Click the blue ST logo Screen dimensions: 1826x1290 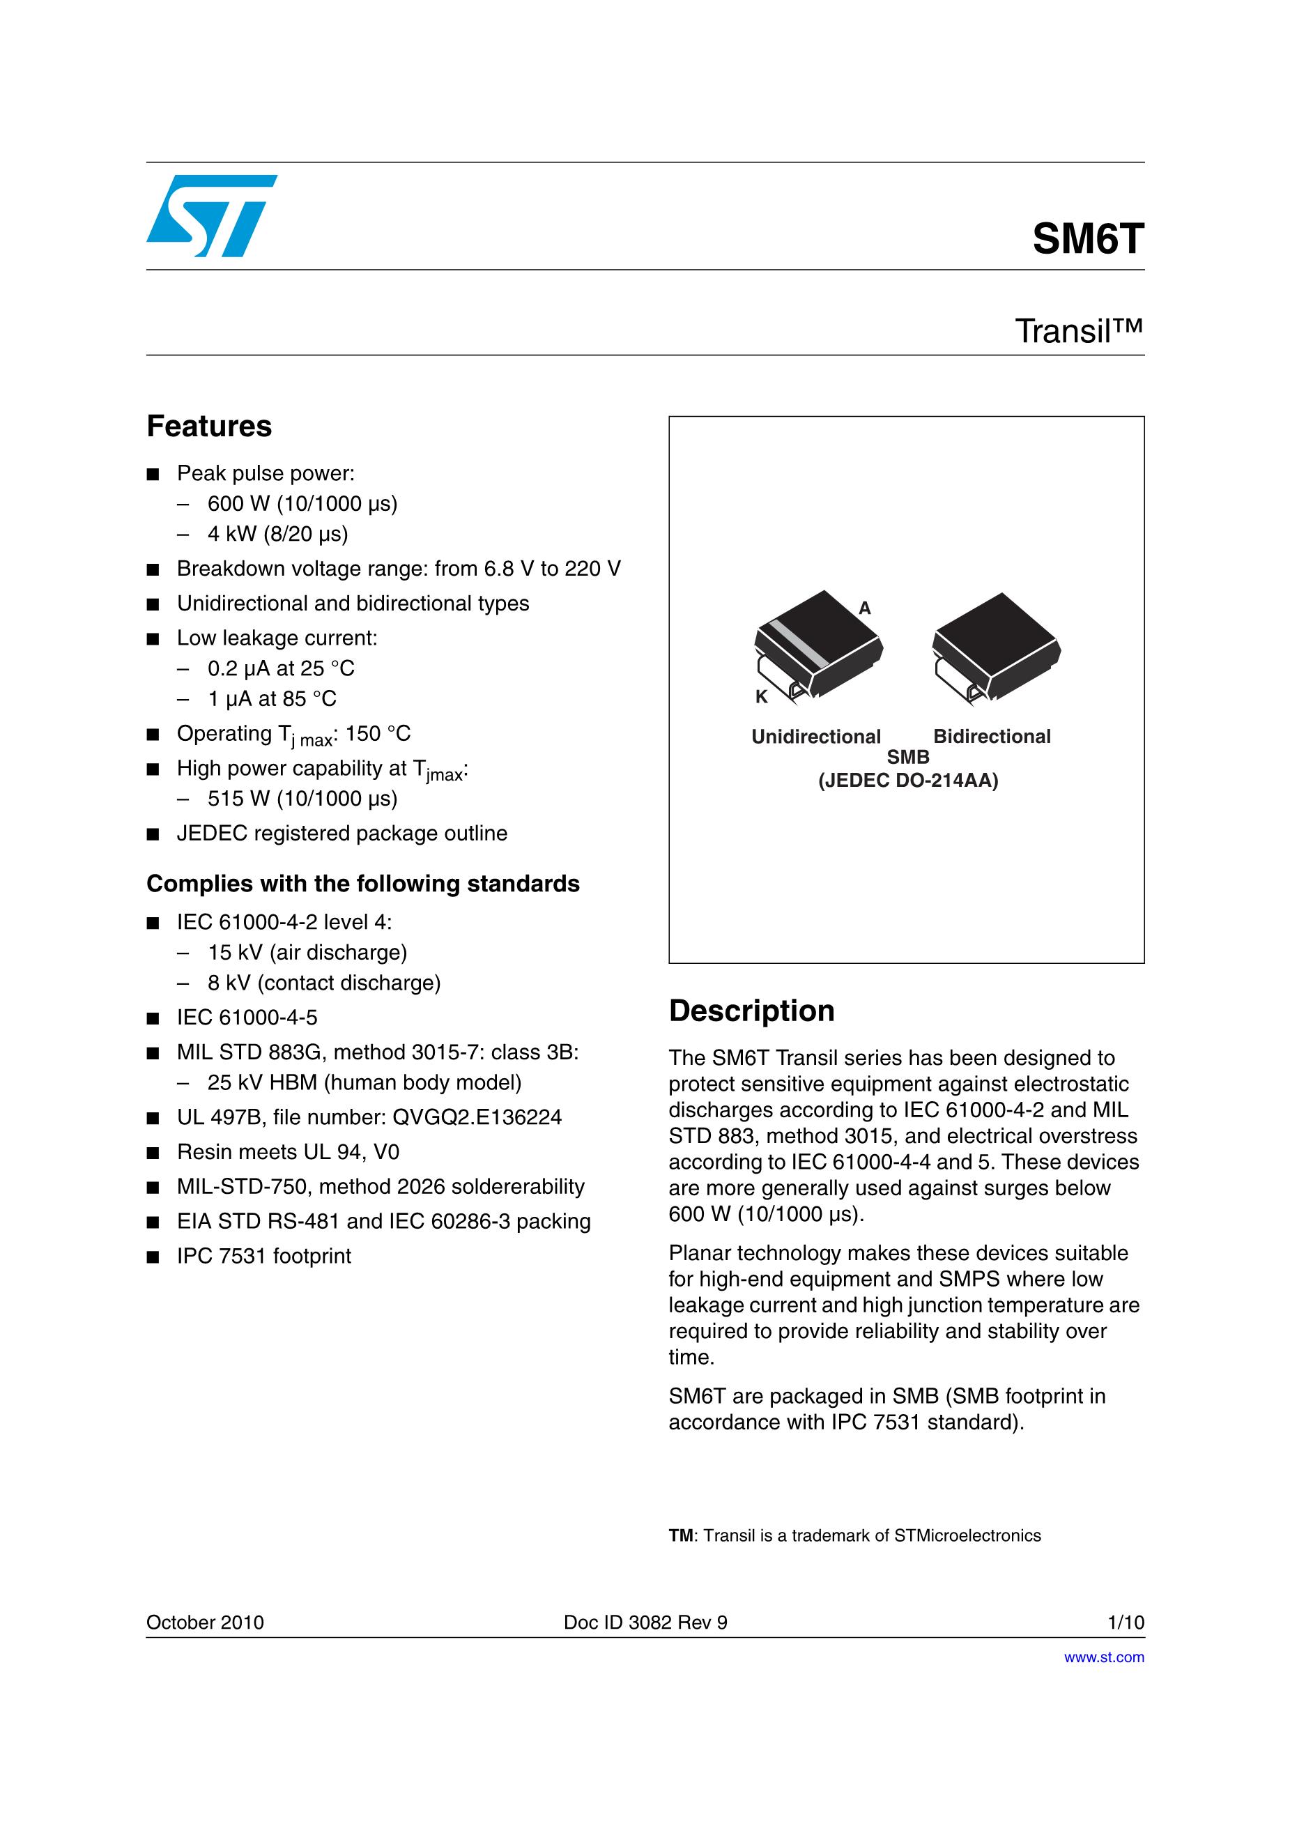point(212,215)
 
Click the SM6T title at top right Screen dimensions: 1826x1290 point(1087,238)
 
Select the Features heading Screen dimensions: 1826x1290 point(209,427)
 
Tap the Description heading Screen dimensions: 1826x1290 point(751,1011)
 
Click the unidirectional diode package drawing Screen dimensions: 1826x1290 point(817,645)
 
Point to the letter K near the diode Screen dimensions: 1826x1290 point(761,697)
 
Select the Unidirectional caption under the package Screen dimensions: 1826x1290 point(816,737)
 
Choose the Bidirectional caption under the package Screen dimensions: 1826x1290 point(992,737)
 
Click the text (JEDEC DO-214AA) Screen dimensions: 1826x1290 point(908,780)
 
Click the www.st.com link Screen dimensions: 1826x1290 point(1104,1657)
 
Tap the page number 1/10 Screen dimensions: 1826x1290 point(1126,1622)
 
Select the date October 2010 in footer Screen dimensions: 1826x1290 point(205,1622)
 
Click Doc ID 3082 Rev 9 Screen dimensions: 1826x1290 point(645,1622)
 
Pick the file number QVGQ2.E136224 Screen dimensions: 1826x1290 point(477,1117)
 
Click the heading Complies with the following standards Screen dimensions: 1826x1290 point(362,884)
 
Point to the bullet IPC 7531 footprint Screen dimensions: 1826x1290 point(263,1256)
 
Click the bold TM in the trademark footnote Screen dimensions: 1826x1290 point(681,1535)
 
